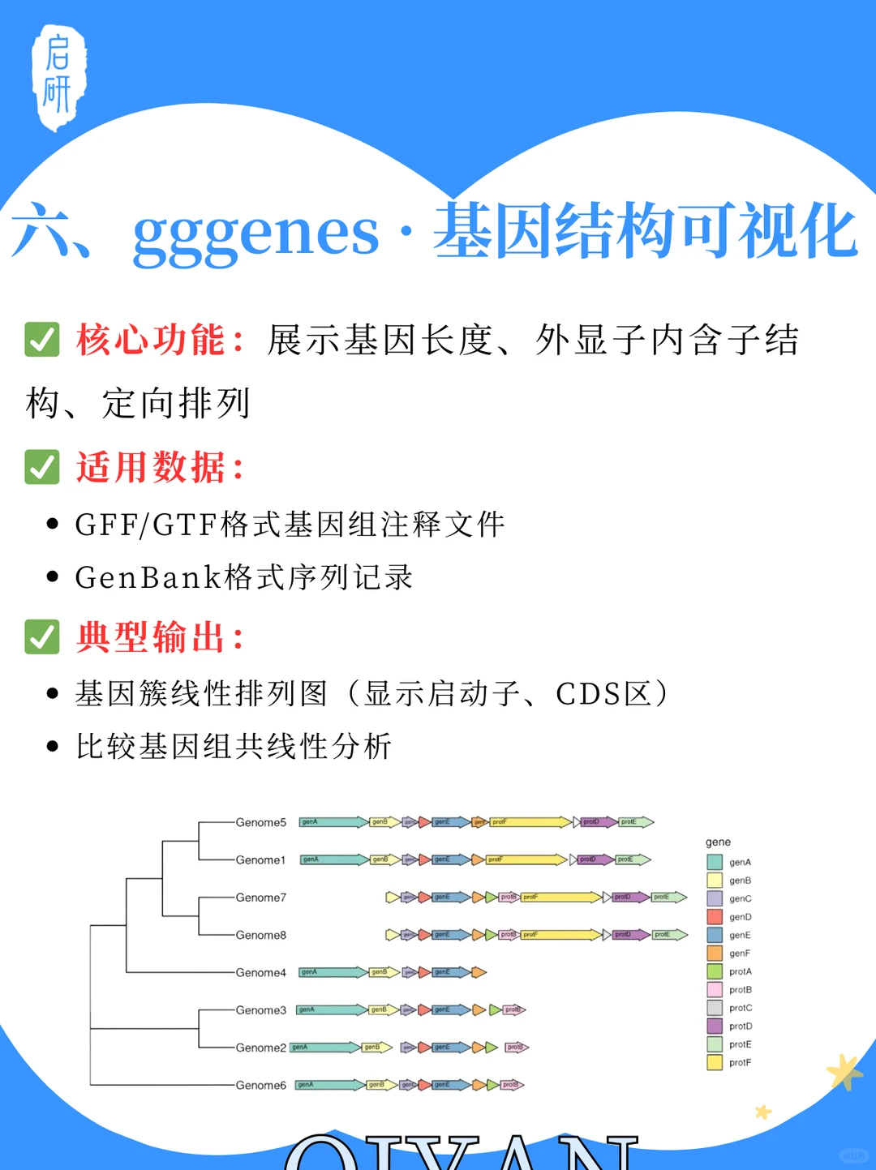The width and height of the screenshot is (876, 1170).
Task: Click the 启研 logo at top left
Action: coord(58,77)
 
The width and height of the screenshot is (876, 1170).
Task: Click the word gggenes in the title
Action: coord(255,233)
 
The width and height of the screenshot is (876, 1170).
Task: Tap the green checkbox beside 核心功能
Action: coord(42,340)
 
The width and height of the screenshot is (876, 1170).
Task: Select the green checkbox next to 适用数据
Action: coord(42,467)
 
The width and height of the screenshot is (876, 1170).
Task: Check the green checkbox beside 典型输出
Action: coord(42,636)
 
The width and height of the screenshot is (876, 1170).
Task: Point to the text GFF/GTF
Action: coord(146,525)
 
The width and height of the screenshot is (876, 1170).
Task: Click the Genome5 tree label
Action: coord(260,822)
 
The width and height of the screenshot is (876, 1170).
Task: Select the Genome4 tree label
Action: coord(260,972)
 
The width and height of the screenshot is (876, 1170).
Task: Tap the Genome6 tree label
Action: coord(260,1085)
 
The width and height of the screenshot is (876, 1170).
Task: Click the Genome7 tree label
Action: coord(260,898)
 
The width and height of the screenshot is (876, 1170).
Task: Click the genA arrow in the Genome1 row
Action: coord(333,859)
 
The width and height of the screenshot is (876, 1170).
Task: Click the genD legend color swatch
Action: coord(715,917)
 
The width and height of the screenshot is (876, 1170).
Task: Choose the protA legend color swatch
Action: coord(715,971)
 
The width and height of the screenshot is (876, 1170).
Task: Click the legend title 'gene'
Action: coord(718,842)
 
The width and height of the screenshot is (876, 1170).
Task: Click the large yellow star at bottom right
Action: coord(844,1072)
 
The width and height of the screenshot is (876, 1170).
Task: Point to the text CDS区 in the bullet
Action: coord(603,694)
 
